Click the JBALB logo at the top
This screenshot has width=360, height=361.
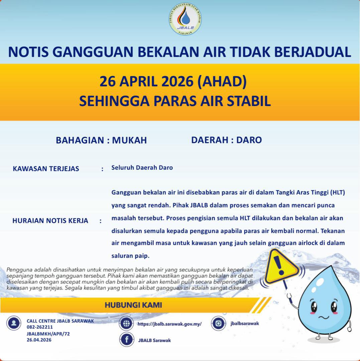coord(185,19)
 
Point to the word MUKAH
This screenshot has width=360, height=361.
coord(129,140)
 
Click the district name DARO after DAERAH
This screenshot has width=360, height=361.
coord(249,140)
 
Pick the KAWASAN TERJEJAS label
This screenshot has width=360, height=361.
coord(46,169)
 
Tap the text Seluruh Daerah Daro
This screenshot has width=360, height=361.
coord(142,168)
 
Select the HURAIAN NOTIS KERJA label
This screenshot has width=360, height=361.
coord(50,221)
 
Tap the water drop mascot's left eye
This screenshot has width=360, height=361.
coord(314,307)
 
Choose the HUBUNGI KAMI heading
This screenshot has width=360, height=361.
coord(133,305)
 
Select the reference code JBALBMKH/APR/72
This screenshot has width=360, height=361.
coord(48,334)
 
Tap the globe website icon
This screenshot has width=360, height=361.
coord(126,324)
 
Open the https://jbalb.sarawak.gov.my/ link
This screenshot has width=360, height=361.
coord(169,324)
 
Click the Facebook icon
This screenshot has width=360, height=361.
coord(127,340)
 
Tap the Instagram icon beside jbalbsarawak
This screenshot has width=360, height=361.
coord(218,323)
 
